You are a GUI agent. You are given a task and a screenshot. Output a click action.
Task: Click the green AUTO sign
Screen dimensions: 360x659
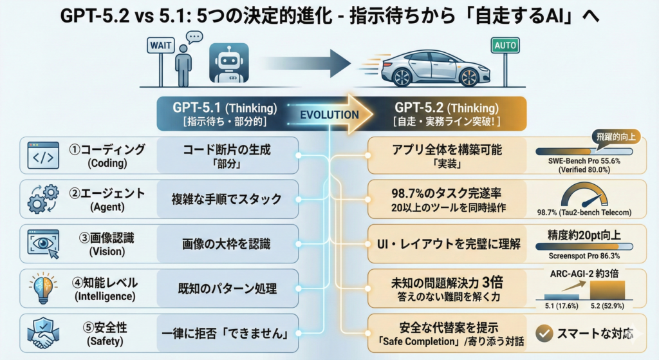coord(505,46)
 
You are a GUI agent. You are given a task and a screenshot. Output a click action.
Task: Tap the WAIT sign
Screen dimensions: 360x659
coord(160,46)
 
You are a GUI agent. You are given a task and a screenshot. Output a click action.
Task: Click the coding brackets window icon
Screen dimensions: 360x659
coord(43,155)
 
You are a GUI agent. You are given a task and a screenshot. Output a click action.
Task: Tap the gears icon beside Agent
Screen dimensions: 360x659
coord(44,199)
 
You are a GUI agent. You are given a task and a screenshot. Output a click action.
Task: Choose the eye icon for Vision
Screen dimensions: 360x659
coord(43,243)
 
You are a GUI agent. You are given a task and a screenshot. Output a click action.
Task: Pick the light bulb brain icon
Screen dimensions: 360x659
coord(43,287)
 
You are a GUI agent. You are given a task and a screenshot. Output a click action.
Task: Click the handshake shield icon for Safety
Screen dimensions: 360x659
coord(43,333)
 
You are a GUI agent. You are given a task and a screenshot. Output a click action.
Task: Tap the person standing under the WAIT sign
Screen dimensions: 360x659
coord(185,64)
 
